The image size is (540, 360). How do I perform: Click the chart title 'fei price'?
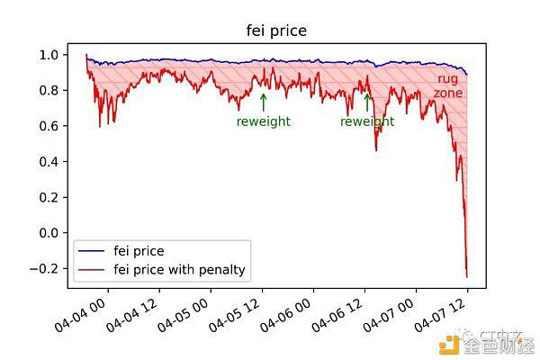click(276, 31)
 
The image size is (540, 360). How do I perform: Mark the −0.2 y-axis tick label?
click(44, 268)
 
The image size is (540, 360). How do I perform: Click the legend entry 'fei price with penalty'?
click(179, 269)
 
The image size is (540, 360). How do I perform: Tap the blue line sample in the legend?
click(92, 251)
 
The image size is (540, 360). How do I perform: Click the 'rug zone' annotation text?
click(447, 85)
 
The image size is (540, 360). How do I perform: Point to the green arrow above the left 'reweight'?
click(263, 101)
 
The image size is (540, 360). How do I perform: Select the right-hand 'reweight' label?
click(367, 121)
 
